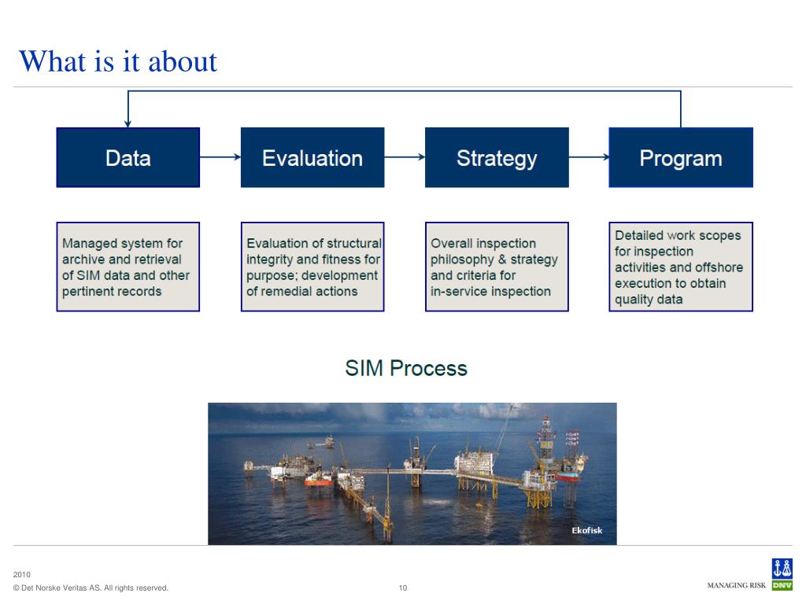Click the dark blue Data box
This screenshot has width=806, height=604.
128,157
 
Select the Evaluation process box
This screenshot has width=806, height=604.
312,157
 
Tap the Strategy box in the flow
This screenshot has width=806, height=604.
497,157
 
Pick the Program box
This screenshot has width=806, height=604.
681,157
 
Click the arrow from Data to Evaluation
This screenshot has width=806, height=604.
220,157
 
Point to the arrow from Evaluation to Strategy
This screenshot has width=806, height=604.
405,157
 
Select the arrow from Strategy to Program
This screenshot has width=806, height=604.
589,157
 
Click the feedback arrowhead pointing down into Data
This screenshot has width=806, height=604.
128,123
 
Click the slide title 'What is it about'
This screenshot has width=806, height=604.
118,61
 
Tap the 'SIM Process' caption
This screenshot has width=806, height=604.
406,368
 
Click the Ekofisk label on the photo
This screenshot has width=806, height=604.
586,530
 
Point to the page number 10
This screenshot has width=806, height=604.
403,587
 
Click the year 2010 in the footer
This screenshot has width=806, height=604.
21,575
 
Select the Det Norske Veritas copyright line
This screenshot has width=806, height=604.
91,588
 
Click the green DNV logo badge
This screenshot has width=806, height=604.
782,585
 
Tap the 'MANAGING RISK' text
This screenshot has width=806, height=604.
737,585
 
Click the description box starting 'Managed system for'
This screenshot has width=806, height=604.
128,267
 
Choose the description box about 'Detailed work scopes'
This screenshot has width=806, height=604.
681,267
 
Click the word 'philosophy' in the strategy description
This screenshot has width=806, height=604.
460,260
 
